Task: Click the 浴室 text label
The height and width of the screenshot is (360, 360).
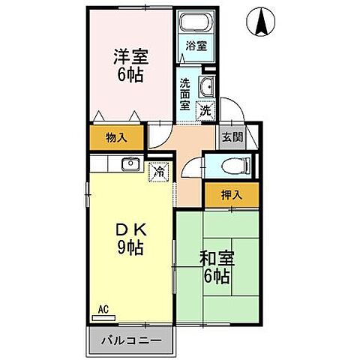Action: (196, 45)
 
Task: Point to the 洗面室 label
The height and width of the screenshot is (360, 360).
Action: (184, 95)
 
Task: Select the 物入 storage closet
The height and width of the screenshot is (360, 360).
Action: (115, 137)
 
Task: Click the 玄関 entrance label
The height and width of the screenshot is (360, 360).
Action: (231, 137)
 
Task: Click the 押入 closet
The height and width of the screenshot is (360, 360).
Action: (231, 194)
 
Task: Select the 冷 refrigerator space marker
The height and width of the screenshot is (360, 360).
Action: (158, 172)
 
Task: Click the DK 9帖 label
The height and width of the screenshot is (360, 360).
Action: (129, 238)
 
